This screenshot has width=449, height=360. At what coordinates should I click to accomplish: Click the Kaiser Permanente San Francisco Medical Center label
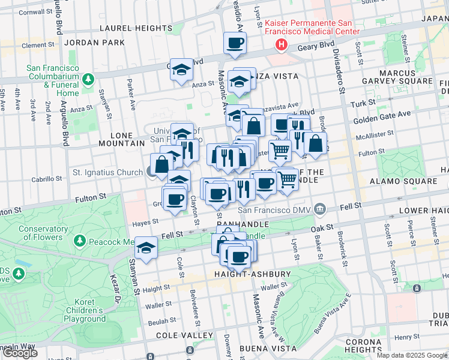312,26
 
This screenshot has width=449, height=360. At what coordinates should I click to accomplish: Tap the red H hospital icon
280,44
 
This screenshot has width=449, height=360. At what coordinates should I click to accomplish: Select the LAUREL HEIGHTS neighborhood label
136,28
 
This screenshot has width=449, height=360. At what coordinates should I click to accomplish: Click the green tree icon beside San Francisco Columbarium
89,79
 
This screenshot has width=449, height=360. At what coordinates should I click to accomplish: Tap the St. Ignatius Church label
108,172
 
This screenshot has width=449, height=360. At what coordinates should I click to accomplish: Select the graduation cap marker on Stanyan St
146,247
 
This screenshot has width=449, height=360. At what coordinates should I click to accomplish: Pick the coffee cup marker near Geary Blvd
235,44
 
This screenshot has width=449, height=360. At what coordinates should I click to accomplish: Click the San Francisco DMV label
276,209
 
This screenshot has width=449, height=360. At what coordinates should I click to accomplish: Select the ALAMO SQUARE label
412,181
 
